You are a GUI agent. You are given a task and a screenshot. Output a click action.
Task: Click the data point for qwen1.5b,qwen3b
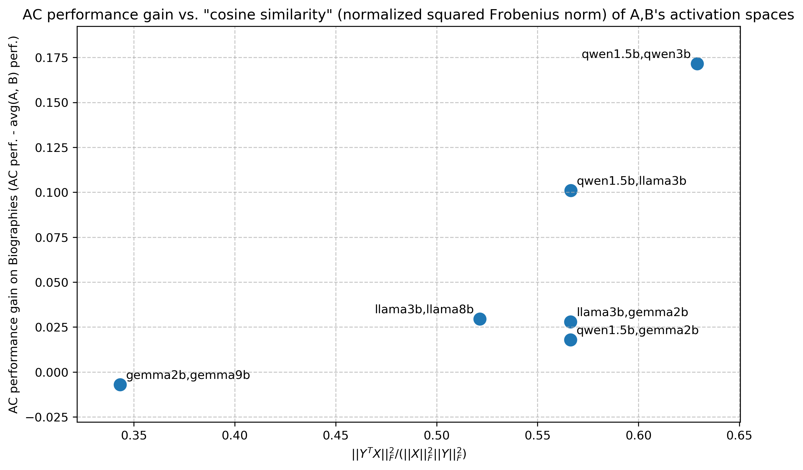(697, 64)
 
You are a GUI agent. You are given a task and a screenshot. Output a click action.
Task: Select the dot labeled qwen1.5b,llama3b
(571, 191)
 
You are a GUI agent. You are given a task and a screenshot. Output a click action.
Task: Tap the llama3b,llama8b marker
(480, 319)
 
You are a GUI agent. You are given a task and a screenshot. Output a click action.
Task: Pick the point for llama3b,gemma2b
(571, 322)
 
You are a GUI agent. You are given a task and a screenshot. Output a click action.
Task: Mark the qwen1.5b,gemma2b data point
(571, 340)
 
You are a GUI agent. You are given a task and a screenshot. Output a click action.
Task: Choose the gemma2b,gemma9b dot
(120, 385)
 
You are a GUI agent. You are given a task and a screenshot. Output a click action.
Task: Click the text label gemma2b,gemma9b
(188, 375)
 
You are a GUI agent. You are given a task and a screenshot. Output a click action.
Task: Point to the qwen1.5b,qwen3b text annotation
(636, 55)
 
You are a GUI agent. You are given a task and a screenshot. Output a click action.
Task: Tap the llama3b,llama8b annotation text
(424, 309)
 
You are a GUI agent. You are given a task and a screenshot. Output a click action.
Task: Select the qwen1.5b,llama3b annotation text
(632, 181)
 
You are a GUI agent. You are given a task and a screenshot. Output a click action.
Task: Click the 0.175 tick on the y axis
(52, 58)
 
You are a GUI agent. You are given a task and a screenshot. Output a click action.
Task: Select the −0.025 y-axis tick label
(47, 418)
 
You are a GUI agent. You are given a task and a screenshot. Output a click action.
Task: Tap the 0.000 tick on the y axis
(52, 373)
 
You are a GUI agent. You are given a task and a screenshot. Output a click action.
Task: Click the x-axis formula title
(409, 454)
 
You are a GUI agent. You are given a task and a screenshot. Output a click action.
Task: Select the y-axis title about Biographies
(13, 225)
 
